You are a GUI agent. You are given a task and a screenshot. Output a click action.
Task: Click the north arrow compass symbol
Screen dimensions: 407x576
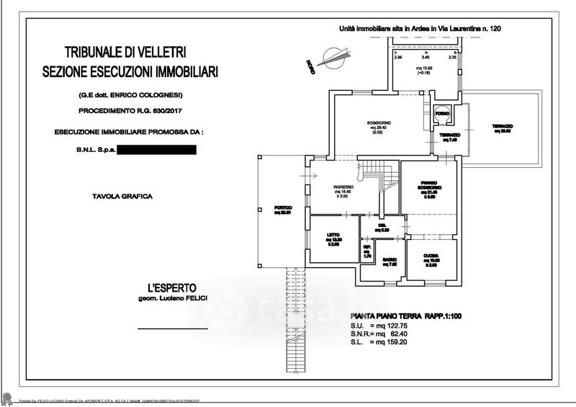pyautogui.click(x=334, y=55)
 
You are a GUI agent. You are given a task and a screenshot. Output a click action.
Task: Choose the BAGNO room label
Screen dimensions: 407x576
pyautogui.click(x=390, y=261)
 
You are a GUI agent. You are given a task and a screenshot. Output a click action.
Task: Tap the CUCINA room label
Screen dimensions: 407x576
pyautogui.click(x=431, y=256)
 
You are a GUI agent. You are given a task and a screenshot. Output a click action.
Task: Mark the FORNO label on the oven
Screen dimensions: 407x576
pyautogui.click(x=442, y=115)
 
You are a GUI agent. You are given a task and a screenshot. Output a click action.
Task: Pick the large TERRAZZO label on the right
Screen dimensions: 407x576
pyautogui.click(x=502, y=127)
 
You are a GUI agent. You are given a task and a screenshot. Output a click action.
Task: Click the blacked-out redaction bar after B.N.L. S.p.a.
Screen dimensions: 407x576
pyautogui.click(x=156, y=151)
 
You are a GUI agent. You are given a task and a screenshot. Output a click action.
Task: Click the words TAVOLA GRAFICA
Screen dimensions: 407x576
pyautogui.click(x=122, y=196)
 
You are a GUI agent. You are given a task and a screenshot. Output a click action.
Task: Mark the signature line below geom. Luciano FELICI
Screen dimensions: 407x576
pyautogui.click(x=172, y=328)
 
